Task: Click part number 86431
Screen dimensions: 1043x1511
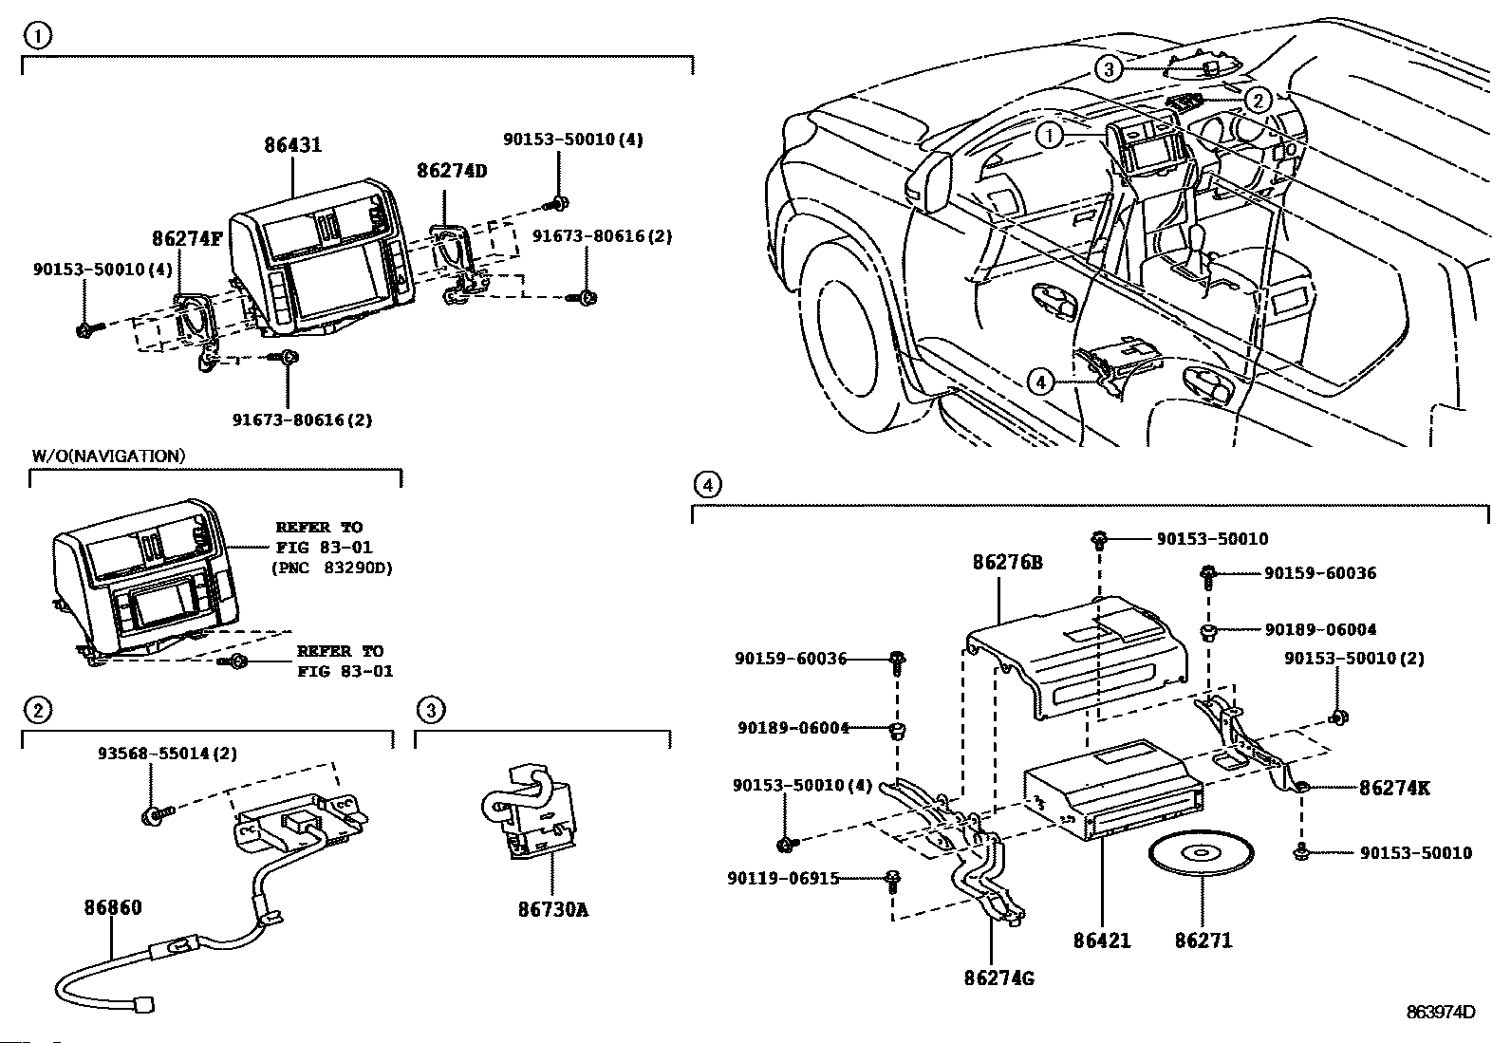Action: click(x=292, y=145)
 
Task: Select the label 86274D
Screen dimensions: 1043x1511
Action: click(x=452, y=171)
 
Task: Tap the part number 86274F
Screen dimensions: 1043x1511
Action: click(x=187, y=238)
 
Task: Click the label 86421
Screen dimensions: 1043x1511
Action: click(x=1102, y=941)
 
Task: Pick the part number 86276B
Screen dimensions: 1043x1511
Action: click(x=1007, y=563)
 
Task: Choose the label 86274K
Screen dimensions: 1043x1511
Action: click(x=1394, y=788)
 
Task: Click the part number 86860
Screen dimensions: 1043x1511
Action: click(x=110, y=908)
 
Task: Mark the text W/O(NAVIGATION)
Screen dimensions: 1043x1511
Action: click(x=108, y=456)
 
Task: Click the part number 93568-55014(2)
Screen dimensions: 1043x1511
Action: click(x=167, y=754)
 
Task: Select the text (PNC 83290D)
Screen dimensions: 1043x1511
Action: click(x=331, y=568)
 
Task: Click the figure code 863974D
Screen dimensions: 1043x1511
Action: click(x=1441, y=1012)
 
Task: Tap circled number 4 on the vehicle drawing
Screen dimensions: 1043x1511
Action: click(x=1041, y=382)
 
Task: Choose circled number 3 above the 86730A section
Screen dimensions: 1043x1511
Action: click(x=430, y=709)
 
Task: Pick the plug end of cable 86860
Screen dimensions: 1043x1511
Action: click(x=146, y=1003)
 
